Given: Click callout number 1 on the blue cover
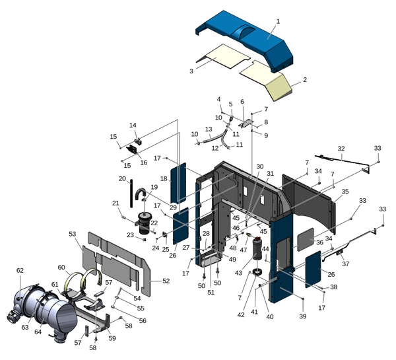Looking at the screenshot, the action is coord(278,22).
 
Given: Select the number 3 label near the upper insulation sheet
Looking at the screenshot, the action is coord(191,71).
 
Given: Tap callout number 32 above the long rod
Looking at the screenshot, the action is coord(341,149).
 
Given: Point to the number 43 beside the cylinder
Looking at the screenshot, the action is coord(238,273).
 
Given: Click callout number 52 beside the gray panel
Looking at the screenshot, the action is coord(166,281).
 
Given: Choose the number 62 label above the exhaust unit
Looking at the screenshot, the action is coord(20,271).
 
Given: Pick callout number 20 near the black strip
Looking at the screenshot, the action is coord(122,179).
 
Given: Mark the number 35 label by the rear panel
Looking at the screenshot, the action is coord(345,192).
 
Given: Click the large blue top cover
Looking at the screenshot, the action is coord(244,41).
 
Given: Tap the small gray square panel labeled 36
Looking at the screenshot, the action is coord(306,239).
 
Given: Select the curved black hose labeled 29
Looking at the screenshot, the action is coord(140,194).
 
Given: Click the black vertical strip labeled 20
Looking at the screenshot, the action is coord(131,194).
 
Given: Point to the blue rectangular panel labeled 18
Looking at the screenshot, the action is coord(179,182).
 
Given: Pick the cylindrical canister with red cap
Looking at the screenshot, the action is coord(258,248).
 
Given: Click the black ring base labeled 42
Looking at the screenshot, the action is coord(257,273).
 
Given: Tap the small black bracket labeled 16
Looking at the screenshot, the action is coord(133,149).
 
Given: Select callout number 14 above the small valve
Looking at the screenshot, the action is coord(133,125).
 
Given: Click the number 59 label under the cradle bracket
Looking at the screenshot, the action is coord(112,338).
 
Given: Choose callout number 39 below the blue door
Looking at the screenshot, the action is coord(302,316).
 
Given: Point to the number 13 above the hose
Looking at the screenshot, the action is coord(209,129).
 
